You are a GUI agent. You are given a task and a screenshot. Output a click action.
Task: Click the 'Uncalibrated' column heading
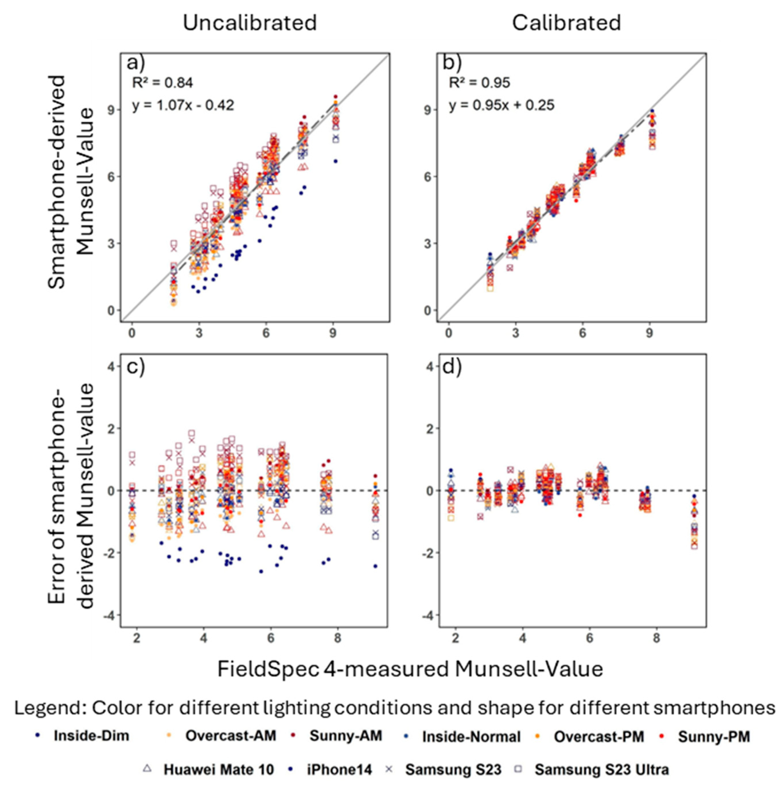[x=250, y=23]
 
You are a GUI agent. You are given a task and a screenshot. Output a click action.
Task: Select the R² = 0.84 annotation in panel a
[x=162, y=83]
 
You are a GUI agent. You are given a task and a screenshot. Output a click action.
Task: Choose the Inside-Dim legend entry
[x=91, y=736]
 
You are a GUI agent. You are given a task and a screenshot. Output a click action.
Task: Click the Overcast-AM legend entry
[x=230, y=736]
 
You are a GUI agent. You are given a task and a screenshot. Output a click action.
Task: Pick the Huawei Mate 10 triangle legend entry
[x=218, y=769]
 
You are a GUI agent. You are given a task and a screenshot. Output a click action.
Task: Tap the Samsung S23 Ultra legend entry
[x=601, y=769]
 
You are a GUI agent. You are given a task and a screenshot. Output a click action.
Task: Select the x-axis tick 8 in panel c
[x=337, y=639]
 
